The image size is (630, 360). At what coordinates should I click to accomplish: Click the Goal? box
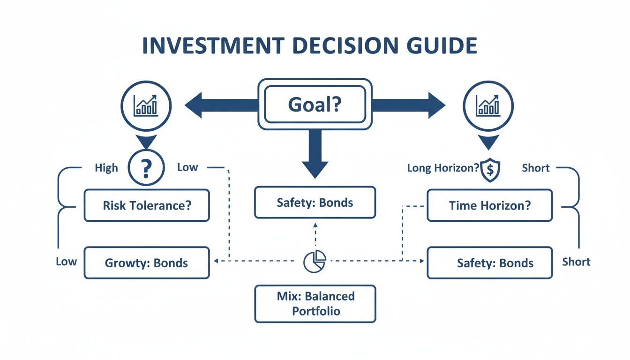click(x=315, y=104)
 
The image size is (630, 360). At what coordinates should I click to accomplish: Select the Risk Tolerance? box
click(x=147, y=205)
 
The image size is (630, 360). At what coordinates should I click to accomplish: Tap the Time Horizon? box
click(x=490, y=205)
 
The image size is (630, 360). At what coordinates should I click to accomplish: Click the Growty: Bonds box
click(x=147, y=262)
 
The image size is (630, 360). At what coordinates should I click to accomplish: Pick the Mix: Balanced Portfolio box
click(x=315, y=304)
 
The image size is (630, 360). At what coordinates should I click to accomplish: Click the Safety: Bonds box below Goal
click(x=315, y=202)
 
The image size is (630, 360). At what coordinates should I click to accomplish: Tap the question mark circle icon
click(x=146, y=167)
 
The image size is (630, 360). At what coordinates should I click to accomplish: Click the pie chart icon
click(x=315, y=261)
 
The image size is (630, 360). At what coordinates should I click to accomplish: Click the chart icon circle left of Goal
click(x=146, y=105)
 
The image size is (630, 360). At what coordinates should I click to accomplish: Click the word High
click(x=106, y=168)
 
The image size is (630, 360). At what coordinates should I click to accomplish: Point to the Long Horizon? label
click(x=443, y=168)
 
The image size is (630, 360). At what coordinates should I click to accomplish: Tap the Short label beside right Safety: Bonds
click(x=576, y=262)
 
